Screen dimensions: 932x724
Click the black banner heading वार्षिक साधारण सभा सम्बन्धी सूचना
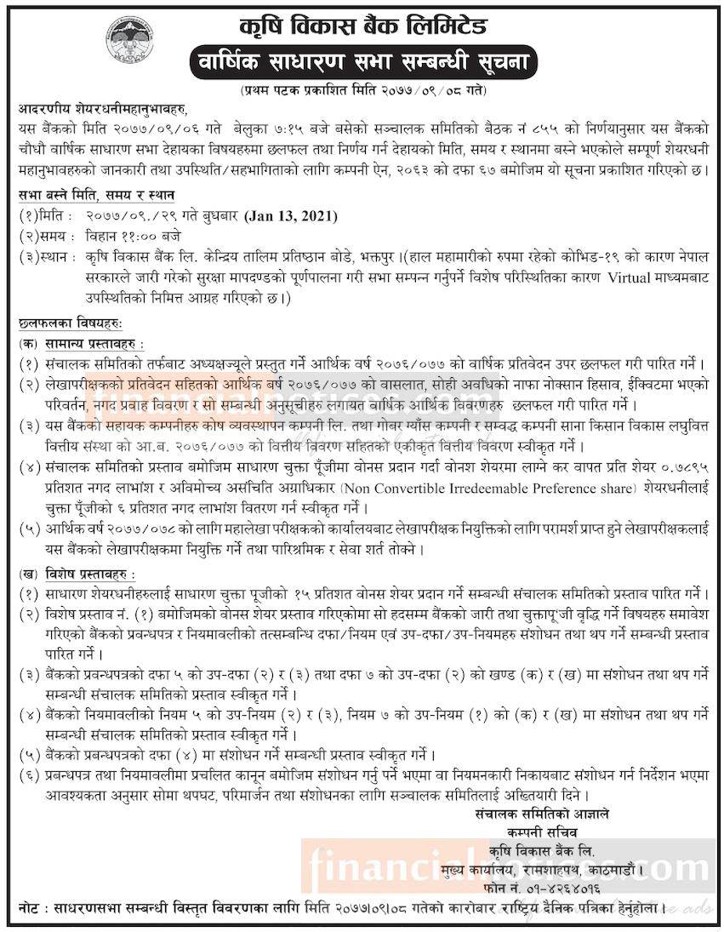(361, 62)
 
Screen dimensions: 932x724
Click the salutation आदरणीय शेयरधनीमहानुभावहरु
(100, 110)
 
